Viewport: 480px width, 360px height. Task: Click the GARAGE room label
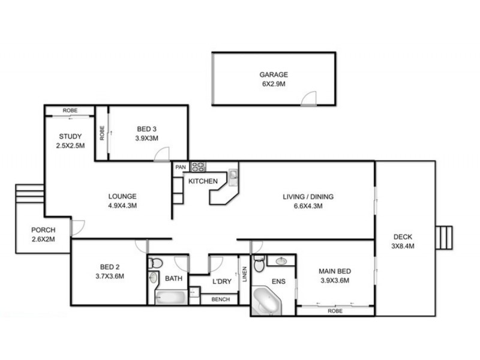[274, 75]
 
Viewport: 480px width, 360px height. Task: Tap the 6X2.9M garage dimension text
[274, 85]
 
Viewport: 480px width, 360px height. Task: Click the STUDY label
[70, 136]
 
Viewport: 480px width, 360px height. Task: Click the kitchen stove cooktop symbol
[198, 167]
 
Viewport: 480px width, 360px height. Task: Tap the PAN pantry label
[180, 167]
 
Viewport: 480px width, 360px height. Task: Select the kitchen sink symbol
[233, 175]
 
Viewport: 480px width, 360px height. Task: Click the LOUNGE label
[122, 196]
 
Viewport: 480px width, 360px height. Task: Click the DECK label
[403, 236]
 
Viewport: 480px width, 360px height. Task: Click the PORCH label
[43, 230]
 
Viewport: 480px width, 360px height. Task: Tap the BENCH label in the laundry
[219, 299]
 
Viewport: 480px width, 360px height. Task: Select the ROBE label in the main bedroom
[335, 311]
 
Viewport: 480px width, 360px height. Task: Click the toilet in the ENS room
[259, 264]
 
